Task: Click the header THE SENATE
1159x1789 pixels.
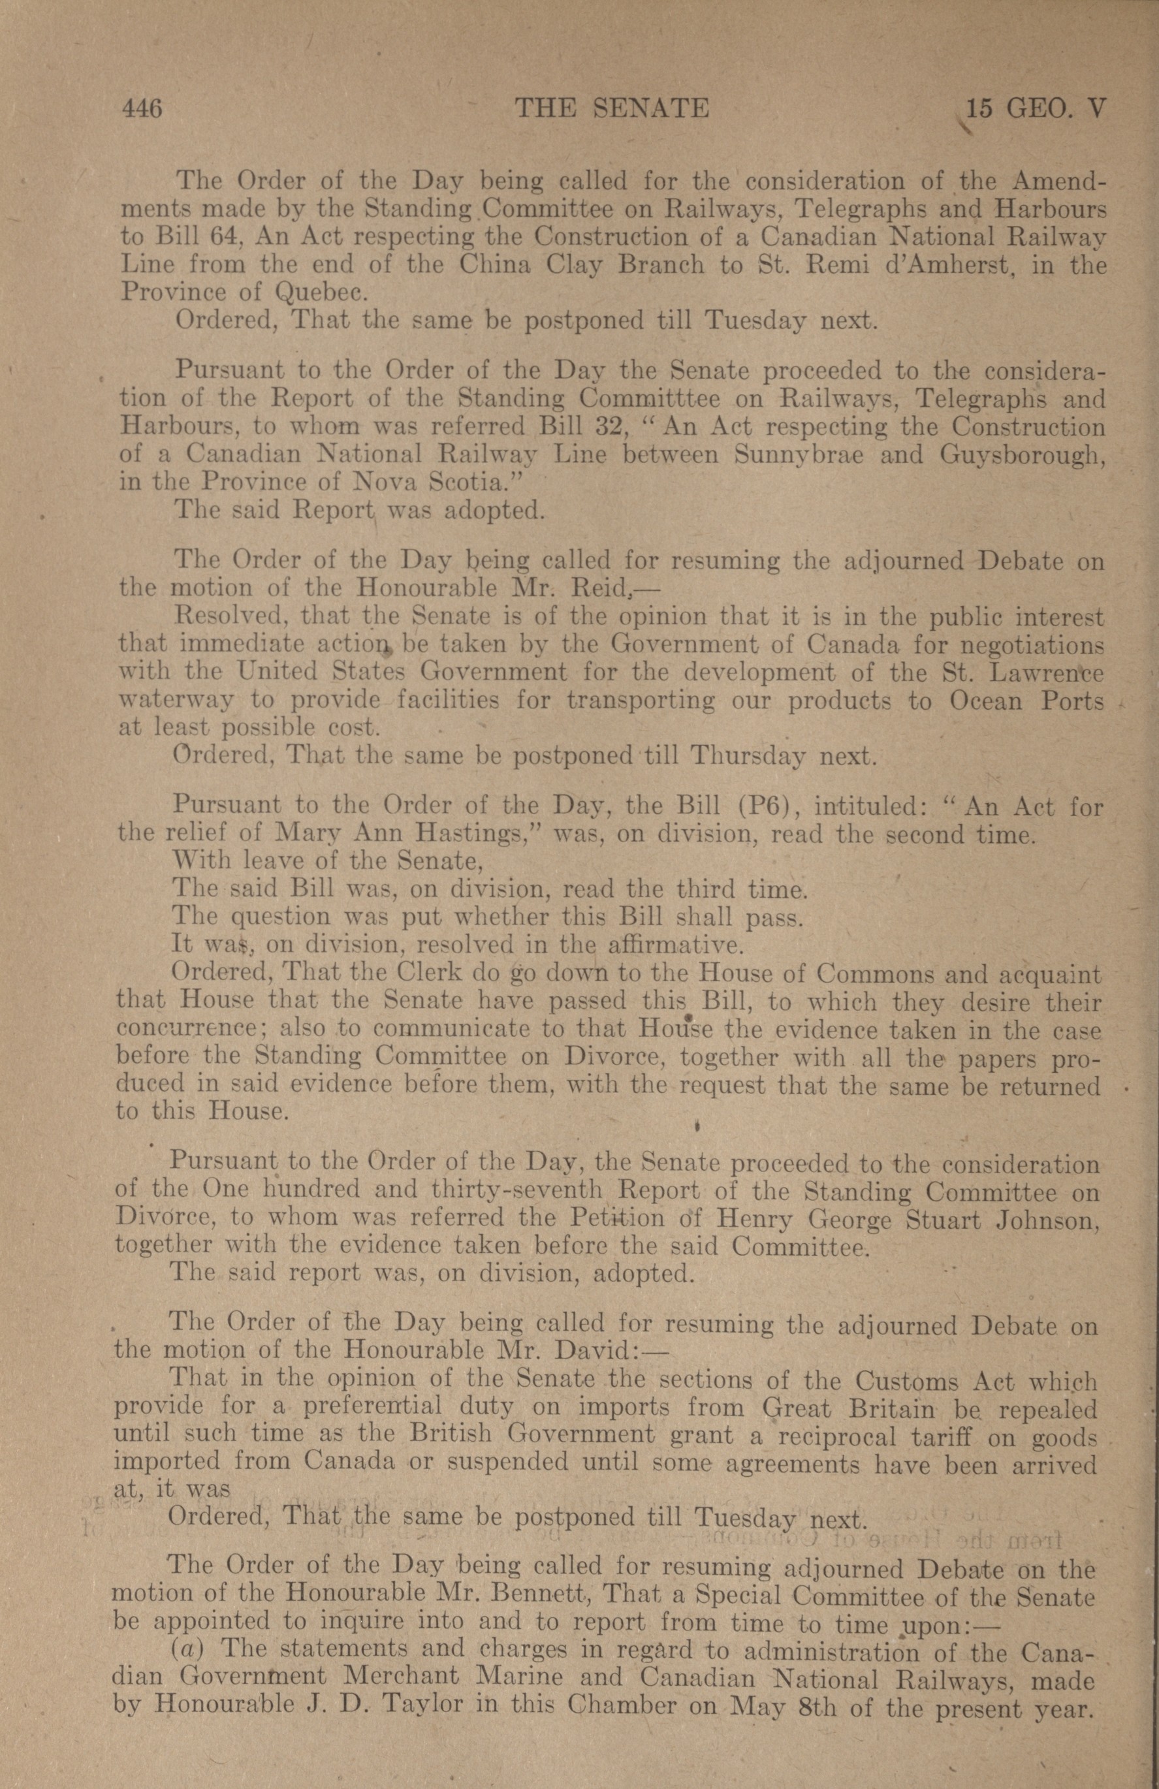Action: [611, 109]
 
